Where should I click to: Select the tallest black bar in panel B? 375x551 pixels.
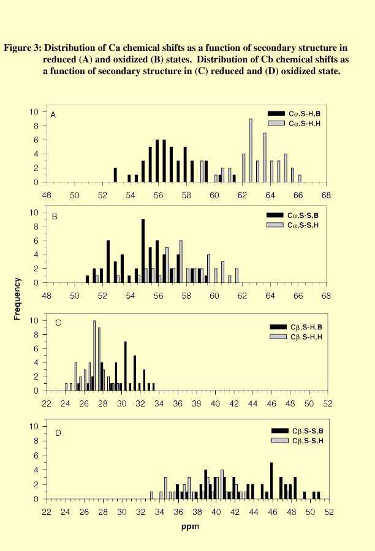point(143,251)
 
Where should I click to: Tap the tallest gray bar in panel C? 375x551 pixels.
point(94,356)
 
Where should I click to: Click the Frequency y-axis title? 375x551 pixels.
point(18,299)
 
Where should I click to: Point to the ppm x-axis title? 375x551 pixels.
point(187,525)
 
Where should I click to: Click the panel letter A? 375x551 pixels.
point(53,114)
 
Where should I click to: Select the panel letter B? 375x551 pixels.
point(53,216)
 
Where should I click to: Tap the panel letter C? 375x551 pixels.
point(53,323)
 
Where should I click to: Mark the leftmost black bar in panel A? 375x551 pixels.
point(115,175)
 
